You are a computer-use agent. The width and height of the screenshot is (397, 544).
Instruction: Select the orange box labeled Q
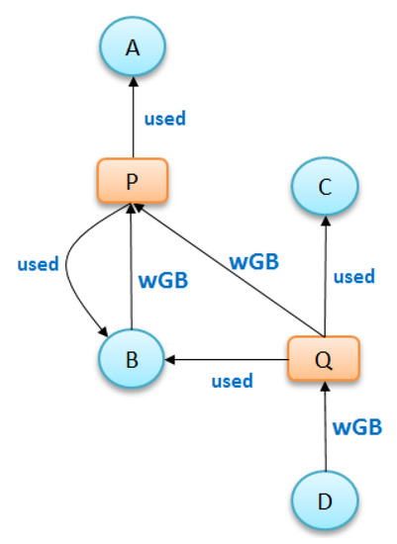click(324, 358)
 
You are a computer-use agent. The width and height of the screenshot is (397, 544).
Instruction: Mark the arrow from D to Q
click(324, 425)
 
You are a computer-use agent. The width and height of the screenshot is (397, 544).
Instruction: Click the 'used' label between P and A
click(165, 119)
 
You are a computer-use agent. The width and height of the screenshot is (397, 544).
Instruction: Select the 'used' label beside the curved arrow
click(39, 264)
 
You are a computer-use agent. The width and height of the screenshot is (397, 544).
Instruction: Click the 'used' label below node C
click(353, 277)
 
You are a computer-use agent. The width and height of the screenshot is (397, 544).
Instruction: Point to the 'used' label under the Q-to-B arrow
click(233, 380)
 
